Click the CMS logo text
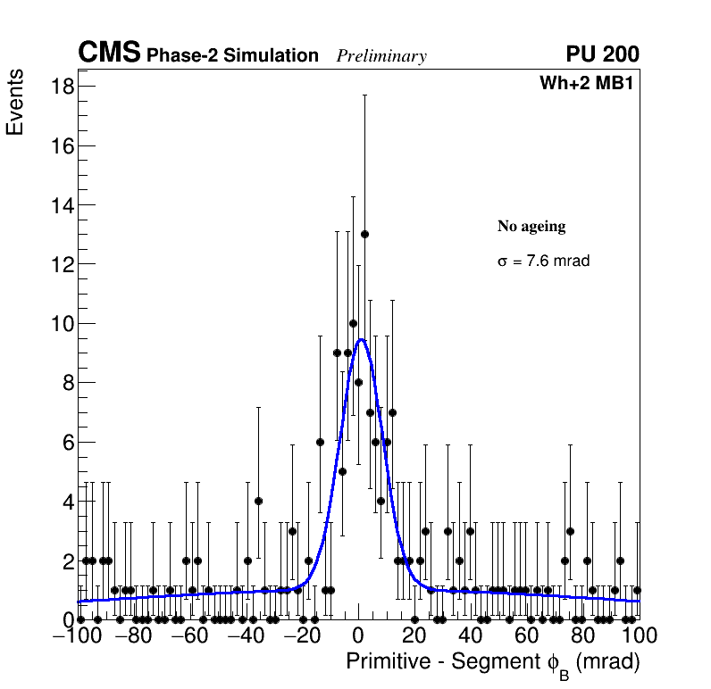(109, 54)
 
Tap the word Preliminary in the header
(381, 56)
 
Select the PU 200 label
(602, 54)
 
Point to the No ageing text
(531, 227)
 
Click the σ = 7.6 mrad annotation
(543, 261)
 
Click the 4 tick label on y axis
(67, 502)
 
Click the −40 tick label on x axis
(244, 636)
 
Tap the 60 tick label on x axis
(526, 636)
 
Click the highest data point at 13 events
(364, 235)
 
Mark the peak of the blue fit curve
(360, 339)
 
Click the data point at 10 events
(353, 323)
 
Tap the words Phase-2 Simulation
(232, 56)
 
